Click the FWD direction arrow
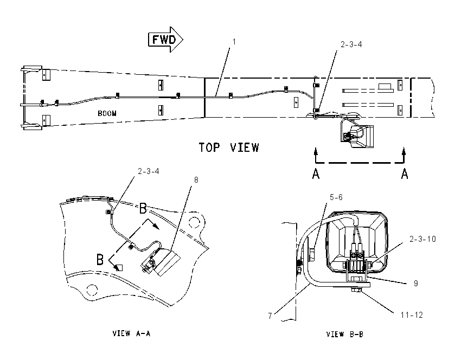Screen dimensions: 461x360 (x=165, y=40)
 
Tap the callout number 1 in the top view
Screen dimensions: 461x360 (x=234, y=42)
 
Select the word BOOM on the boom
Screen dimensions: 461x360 (x=107, y=113)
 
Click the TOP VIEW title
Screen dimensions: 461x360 (x=229, y=147)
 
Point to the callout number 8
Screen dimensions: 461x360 (x=196, y=180)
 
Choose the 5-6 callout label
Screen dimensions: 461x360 (x=336, y=197)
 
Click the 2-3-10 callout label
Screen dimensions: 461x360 (x=423, y=239)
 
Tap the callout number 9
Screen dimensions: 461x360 (x=416, y=283)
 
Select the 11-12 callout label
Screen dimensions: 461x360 (x=412, y=315)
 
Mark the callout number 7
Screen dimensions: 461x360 (x=270, y=316)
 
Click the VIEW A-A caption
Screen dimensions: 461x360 (x=131, y=333)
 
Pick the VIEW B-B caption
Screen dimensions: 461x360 (x=344, y=334)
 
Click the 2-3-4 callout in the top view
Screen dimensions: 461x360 (x=351, y=44)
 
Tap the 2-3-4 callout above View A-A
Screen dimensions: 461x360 (x=149, y=171)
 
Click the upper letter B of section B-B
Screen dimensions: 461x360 (x=143, y=208)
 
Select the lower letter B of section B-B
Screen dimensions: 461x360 (x=100, y=260)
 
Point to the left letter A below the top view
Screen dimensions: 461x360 (x=316, y=173)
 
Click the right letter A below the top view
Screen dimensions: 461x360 (x=405, y=173)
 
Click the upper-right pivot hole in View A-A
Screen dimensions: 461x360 (x=194, y=222)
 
